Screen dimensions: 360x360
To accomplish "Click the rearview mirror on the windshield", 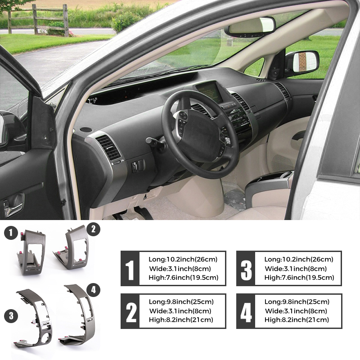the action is click(250, 27).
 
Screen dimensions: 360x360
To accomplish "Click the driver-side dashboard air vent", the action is click(108, 148).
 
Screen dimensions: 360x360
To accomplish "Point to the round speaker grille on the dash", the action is click(86, 130).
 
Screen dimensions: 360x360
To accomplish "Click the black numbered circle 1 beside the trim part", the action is click(11, 233).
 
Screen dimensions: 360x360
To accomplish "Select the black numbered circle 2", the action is click(93, 229).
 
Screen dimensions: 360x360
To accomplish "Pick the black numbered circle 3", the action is click(11, 316).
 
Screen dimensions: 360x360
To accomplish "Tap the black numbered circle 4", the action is click(93, 290).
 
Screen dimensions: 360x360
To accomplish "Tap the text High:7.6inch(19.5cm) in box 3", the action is click(299, 278).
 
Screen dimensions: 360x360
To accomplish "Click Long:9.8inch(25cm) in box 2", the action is click(181, 301).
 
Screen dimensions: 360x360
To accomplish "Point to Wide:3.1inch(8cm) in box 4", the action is click(296, 311).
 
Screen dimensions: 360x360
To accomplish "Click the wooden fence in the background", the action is click(38, 20).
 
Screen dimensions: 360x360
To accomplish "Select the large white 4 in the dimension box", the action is click(246, 312).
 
